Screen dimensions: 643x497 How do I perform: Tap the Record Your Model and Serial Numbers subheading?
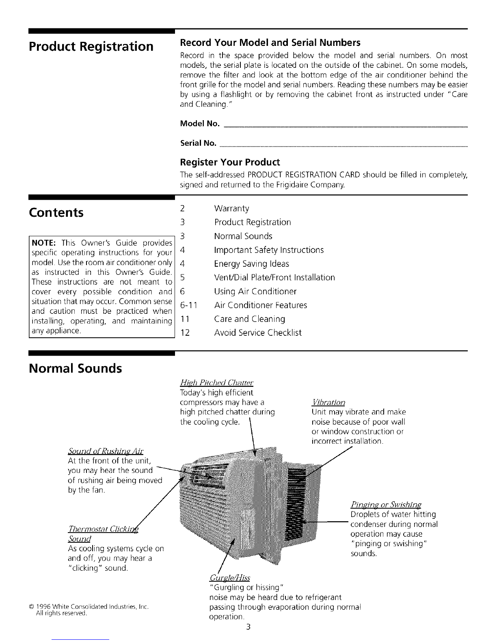click(270, 43)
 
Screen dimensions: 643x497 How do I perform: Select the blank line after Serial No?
click(343, 145)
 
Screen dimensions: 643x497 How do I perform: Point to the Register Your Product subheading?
click(230, 162)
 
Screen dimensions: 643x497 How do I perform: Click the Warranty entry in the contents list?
click(231, 209)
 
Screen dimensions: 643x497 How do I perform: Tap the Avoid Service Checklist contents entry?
click(257, 333)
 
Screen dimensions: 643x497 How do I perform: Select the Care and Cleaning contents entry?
click(249, 319)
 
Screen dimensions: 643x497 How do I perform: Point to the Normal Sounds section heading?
click(75, 369)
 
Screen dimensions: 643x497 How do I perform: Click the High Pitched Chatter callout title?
click(216, 382)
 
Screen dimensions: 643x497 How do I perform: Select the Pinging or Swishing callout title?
click(386, 505)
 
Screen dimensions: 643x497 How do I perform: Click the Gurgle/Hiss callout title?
click(229, 578)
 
